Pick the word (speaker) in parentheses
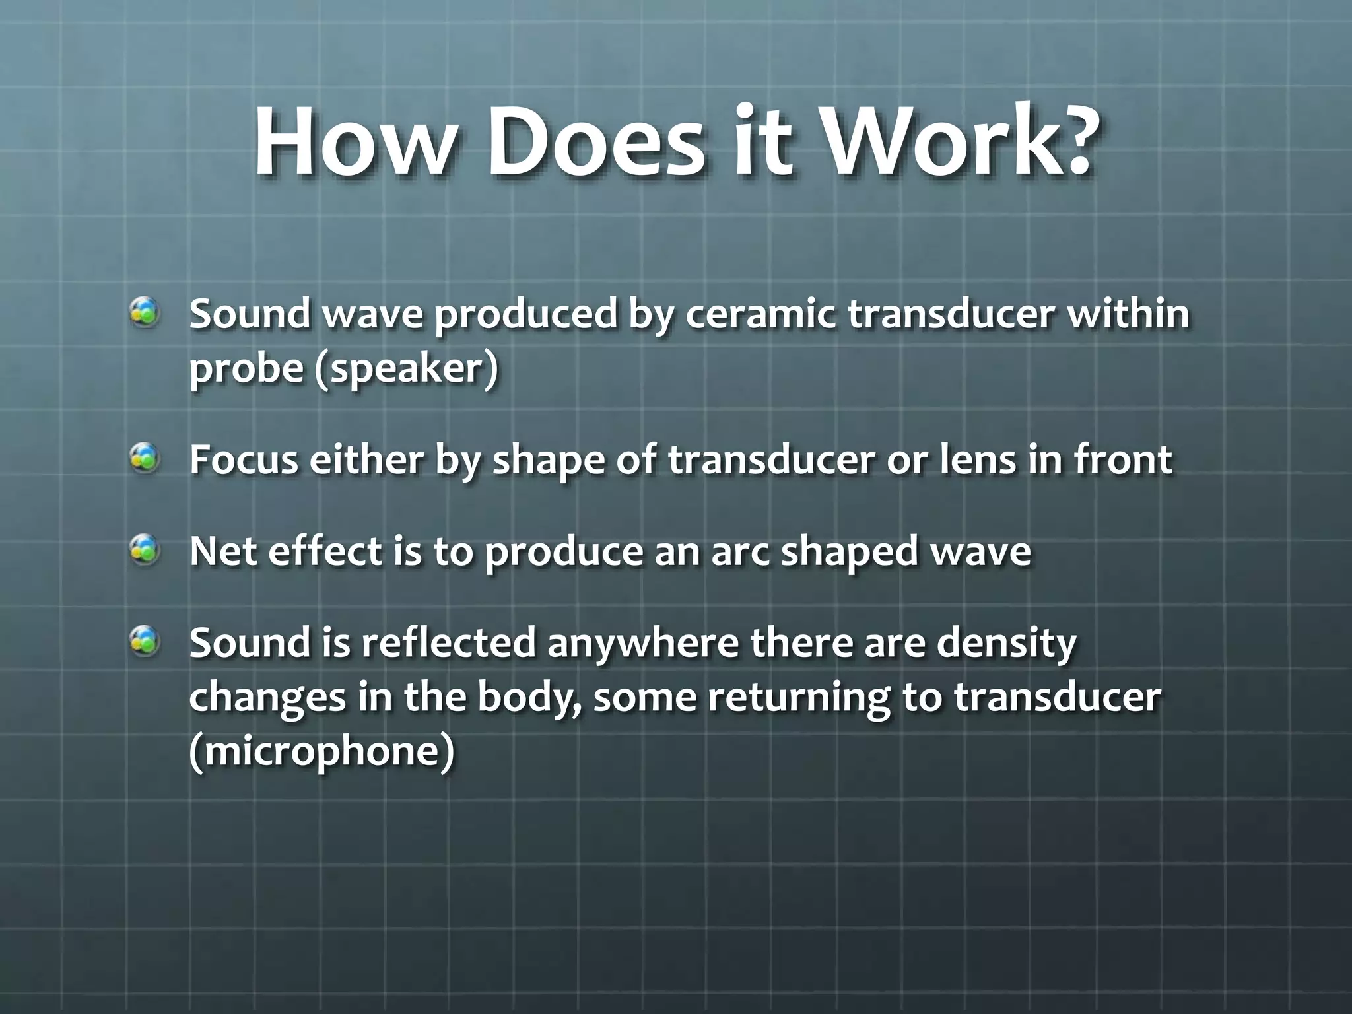tap(406, 368)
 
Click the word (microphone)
tap(322, 753)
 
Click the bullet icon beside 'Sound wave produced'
tap(144, 312)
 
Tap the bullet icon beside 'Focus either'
tap(144, 458)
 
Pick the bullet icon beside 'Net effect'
tap(144, 549)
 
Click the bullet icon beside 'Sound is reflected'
tap(144, 641)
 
